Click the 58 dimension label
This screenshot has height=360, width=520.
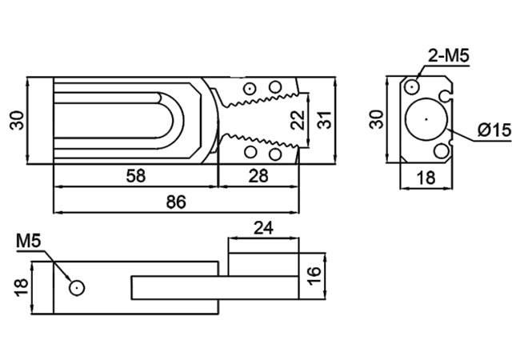[x=136, y=176]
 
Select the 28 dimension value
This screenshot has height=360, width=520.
[x=258, y=176]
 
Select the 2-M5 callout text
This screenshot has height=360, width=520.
[x=449, y=56]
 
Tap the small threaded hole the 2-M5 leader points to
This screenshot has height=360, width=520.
[x=412, y=86]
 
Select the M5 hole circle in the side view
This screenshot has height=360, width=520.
[x=77, y=287]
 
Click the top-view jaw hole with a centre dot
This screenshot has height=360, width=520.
[x=250, y=88]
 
